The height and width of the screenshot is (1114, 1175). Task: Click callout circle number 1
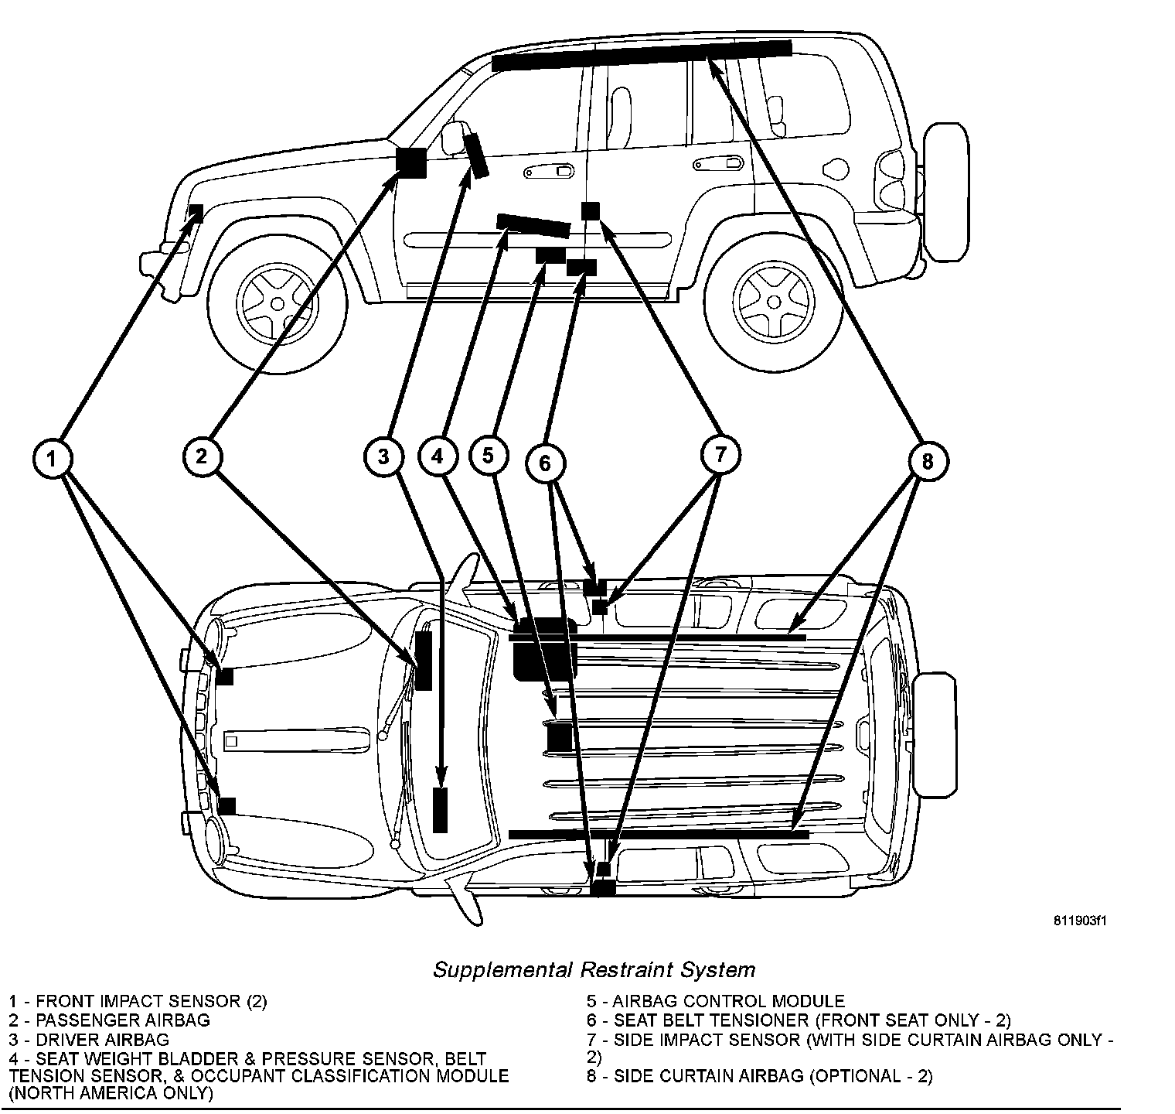[52, 460]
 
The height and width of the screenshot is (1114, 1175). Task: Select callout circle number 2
[202, 456]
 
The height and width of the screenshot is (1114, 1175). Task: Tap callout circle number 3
[383, 456]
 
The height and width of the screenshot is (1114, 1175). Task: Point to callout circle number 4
[438, 456]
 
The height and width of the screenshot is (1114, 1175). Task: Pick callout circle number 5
[488, 455]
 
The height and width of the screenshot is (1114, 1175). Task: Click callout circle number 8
[927, 462]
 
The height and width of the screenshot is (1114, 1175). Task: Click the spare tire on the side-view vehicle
[945, 191]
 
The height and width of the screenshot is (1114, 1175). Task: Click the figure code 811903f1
[1080, 921]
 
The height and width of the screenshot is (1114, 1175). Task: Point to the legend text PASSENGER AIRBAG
[122, 1020]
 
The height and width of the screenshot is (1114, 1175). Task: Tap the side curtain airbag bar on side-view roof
[642, 54]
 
